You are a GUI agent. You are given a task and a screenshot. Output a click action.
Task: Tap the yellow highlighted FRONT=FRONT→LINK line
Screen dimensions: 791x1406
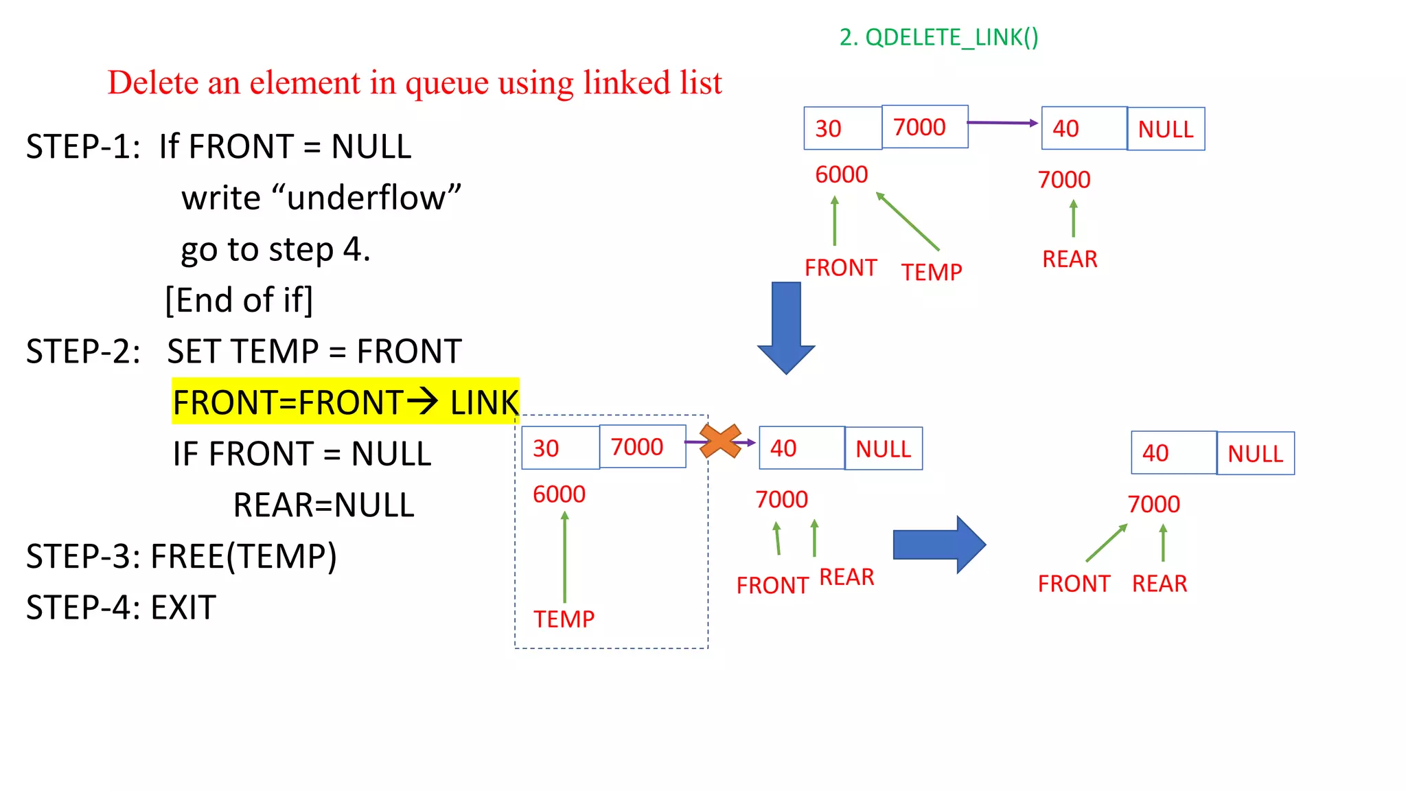point(345,402)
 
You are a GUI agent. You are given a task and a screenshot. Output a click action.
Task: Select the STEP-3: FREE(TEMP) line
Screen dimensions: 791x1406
point(181,556)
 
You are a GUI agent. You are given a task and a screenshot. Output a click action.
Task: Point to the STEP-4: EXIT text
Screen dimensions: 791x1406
point(121,608)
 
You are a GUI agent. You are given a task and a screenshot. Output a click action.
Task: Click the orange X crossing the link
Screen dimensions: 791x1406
point(720,442)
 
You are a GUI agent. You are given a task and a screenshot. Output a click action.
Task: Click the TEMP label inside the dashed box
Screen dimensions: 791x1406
point(564,619)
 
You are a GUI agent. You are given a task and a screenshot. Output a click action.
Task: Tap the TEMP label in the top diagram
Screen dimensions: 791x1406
point(932,273)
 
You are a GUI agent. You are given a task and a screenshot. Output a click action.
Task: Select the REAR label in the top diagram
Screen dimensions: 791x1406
point(1070,260)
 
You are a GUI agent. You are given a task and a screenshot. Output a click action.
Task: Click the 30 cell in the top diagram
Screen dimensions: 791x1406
point(842,128)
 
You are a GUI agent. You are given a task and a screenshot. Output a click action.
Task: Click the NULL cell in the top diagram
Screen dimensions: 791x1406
point(1166,129)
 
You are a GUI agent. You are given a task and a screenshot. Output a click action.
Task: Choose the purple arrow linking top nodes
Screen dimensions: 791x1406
point(1002,123)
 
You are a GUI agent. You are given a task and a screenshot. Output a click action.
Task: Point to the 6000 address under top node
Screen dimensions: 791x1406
point(841,174)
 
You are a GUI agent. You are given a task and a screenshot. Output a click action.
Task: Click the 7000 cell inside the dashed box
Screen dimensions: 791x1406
point(642,447)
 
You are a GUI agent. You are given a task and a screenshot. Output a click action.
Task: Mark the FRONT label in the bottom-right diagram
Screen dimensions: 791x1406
point(1074,584)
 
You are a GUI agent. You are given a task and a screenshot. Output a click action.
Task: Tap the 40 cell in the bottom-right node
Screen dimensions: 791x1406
point(1173,453)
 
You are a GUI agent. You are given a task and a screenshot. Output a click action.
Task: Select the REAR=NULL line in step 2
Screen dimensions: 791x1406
point(323,505)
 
